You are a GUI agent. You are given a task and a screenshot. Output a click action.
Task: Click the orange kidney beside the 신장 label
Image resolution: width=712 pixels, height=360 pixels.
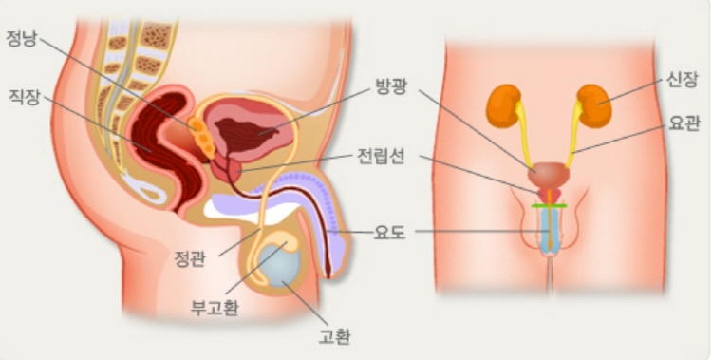coord(595,104)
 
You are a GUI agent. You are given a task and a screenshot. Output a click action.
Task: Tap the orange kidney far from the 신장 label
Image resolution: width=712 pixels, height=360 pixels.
coord(503,105)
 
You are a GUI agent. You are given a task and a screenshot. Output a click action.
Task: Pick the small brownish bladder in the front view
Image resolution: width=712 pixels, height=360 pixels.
coord(548,174)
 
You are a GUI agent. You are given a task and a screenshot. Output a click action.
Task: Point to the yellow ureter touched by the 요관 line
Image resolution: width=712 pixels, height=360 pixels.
coord(576,138)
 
